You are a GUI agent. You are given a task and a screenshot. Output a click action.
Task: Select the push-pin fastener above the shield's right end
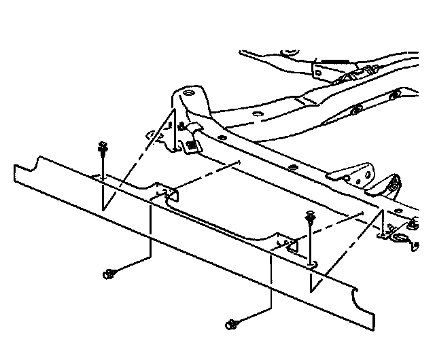[x=311, y=219]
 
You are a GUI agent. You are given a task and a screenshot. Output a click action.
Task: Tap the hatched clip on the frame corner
[x=192, y=144]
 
